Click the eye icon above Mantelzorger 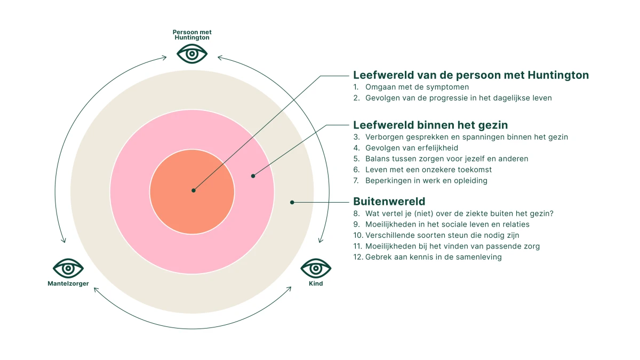point(68,268)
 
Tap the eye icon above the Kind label point(316,268)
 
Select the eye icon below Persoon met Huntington point(192,53)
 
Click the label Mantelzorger point(68,284)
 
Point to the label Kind point(316,284)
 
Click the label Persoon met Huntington point(192,35)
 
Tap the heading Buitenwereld point(389,202)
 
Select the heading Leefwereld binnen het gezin point(430,125)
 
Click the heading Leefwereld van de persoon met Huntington point(471,75)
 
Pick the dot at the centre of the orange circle point(194,190)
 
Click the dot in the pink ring point(253,175)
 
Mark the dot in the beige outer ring point(292,202)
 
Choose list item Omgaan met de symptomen point(417,87)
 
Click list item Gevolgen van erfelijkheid point(412,148)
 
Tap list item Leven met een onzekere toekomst point(428,170)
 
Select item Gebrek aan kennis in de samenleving point(433,257)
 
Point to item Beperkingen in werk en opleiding point(426,181)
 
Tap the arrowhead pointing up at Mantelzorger point(95,290)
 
